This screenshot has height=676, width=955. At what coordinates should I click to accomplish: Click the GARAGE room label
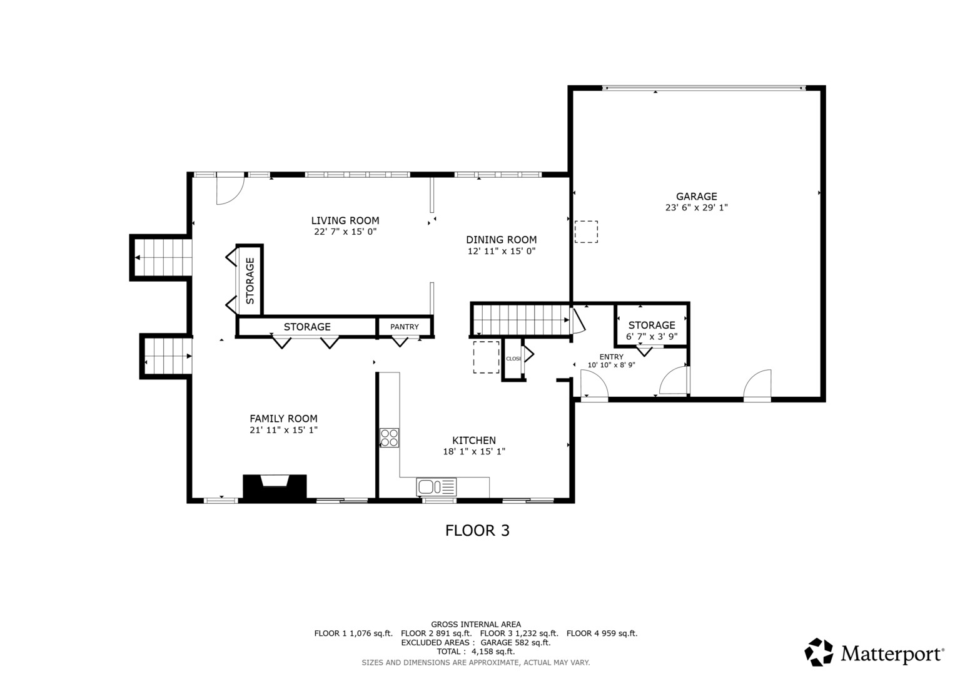point(696,197)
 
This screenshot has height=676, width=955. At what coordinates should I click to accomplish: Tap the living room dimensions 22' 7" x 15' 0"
point(345,232)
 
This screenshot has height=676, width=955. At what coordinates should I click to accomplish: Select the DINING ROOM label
point(501,240)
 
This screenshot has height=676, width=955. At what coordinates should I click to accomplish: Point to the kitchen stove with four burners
point(389,438)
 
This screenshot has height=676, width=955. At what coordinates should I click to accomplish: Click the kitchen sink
point(436,486)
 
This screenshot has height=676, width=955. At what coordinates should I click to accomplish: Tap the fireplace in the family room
point(275,487)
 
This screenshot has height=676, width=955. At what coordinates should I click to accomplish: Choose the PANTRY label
point(405,327)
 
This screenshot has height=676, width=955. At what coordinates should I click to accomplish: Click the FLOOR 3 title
point(477,531)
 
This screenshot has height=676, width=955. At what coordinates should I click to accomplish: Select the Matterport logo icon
point(819,652)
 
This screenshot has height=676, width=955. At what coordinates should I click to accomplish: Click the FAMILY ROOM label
point(283,419)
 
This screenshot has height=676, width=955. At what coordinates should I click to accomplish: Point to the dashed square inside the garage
point(587,232)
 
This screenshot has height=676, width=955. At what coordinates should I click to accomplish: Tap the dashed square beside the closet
point(486,357)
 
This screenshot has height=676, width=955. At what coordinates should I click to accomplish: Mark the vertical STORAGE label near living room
point(250,280)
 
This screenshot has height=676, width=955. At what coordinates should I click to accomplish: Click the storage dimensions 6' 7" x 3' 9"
point(652,336)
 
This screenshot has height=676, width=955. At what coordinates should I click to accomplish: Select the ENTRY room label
point(611,357)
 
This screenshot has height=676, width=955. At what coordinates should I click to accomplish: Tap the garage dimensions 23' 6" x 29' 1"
point(696,208)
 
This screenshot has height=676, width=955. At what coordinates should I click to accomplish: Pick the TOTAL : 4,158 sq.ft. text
point(475,652)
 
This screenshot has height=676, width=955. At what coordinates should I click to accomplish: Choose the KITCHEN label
point(474,441)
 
